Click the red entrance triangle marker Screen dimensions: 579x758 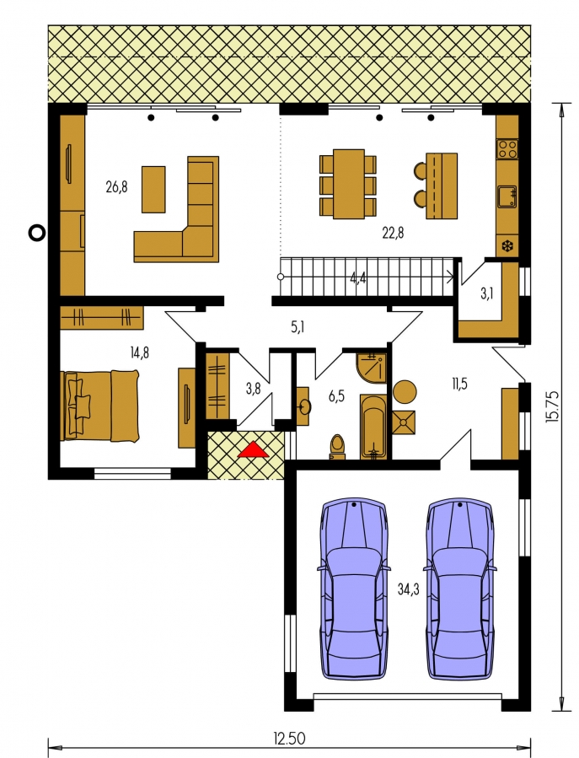pos(253,449)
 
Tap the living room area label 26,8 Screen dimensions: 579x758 pos(116,186)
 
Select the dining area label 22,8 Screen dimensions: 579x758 pos(393,233)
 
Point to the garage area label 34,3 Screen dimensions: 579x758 pos(409,589)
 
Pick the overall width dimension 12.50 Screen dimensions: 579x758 pos(289,739)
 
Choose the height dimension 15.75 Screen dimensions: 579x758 pos(552,406)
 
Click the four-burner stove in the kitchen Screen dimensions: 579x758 pos(507,149)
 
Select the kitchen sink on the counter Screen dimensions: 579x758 pos(507,196)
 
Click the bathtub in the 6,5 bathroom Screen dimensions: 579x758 pos(373,427)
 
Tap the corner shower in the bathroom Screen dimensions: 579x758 pos(371,368)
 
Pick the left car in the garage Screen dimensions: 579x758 pos(354,589)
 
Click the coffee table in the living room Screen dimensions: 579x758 pos(153,189)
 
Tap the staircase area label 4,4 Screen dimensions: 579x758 pos(358,278)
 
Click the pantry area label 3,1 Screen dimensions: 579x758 pos(487,293)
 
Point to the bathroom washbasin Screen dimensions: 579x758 pos(304,406)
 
